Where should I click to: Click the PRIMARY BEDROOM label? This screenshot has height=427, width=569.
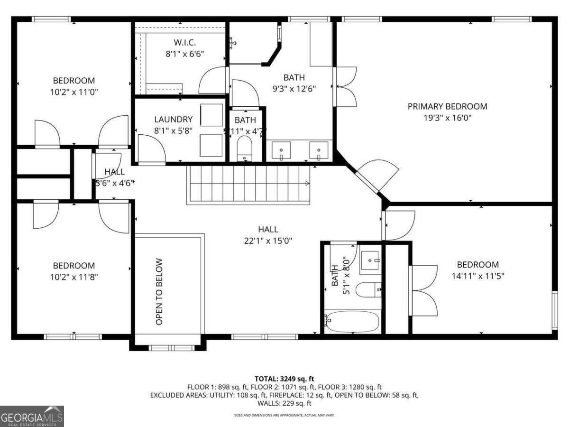click(447, 106)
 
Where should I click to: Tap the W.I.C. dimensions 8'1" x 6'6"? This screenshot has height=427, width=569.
click(184, 54)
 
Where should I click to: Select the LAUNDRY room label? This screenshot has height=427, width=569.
click(173, 120)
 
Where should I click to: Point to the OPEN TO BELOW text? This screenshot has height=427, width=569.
click(159, 291)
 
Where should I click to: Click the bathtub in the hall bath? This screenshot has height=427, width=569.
click(352, 322)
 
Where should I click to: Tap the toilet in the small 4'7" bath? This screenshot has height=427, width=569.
click(246, 147)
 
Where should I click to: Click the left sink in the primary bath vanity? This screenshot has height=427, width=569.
click(281, 150)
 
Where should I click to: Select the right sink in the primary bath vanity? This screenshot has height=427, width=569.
click(319, 150)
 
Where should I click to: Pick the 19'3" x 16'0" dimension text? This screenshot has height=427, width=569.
click(447, 118)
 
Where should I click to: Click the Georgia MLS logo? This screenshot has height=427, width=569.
click(32, 416)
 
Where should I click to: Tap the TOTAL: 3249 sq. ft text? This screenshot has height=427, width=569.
click(284, 379)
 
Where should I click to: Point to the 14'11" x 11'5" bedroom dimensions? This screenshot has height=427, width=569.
click(477, 276)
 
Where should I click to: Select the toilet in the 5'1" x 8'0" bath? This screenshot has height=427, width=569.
click(368, 288)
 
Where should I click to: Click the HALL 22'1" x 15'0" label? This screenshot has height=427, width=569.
click(268, 235)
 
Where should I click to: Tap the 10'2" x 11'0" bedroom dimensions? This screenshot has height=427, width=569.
click(73, 92)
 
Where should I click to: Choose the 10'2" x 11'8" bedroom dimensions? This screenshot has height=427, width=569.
click(73, 277)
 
